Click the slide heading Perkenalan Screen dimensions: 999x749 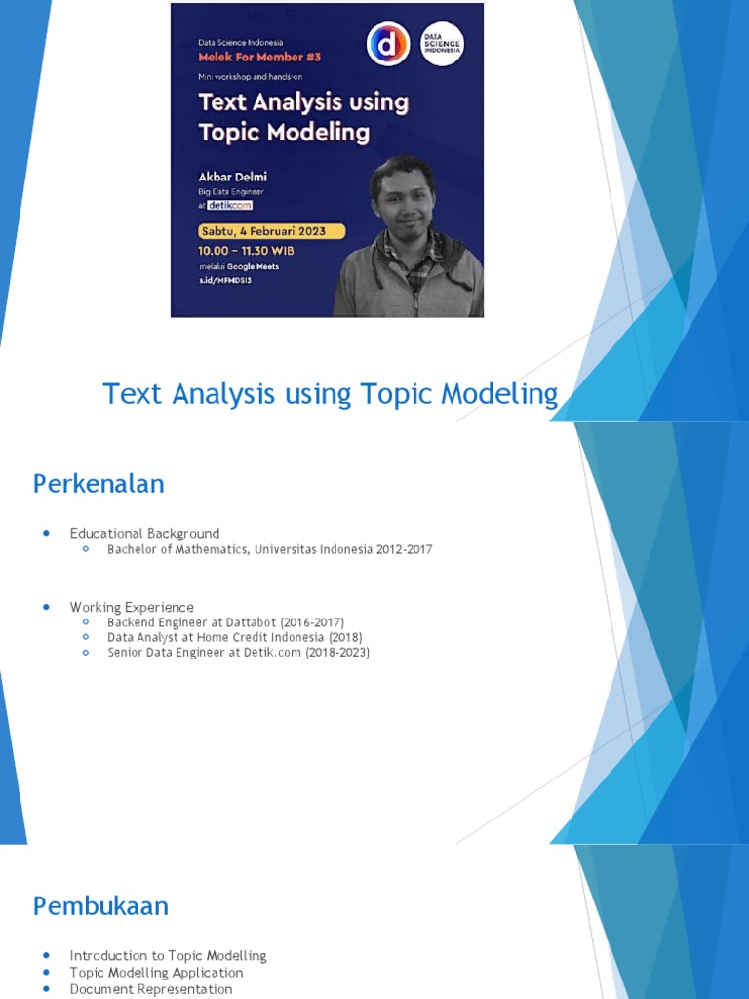coord(99,484)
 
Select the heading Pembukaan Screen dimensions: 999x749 coord(100,906)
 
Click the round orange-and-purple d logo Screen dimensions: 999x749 coord(387,45)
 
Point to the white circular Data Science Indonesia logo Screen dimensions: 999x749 coord(441,45)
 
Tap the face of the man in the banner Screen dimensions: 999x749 coord(405,200)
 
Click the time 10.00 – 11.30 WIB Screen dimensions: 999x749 coord(246,250)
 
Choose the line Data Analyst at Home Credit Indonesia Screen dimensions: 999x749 coord(234,637)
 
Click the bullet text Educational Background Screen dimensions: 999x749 coord(144,534)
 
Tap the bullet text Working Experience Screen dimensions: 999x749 coord(132,607)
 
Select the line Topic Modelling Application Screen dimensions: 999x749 coord(156,973)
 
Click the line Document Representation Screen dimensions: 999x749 coord(151,989)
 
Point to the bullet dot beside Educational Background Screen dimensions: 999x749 coord(46,534)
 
